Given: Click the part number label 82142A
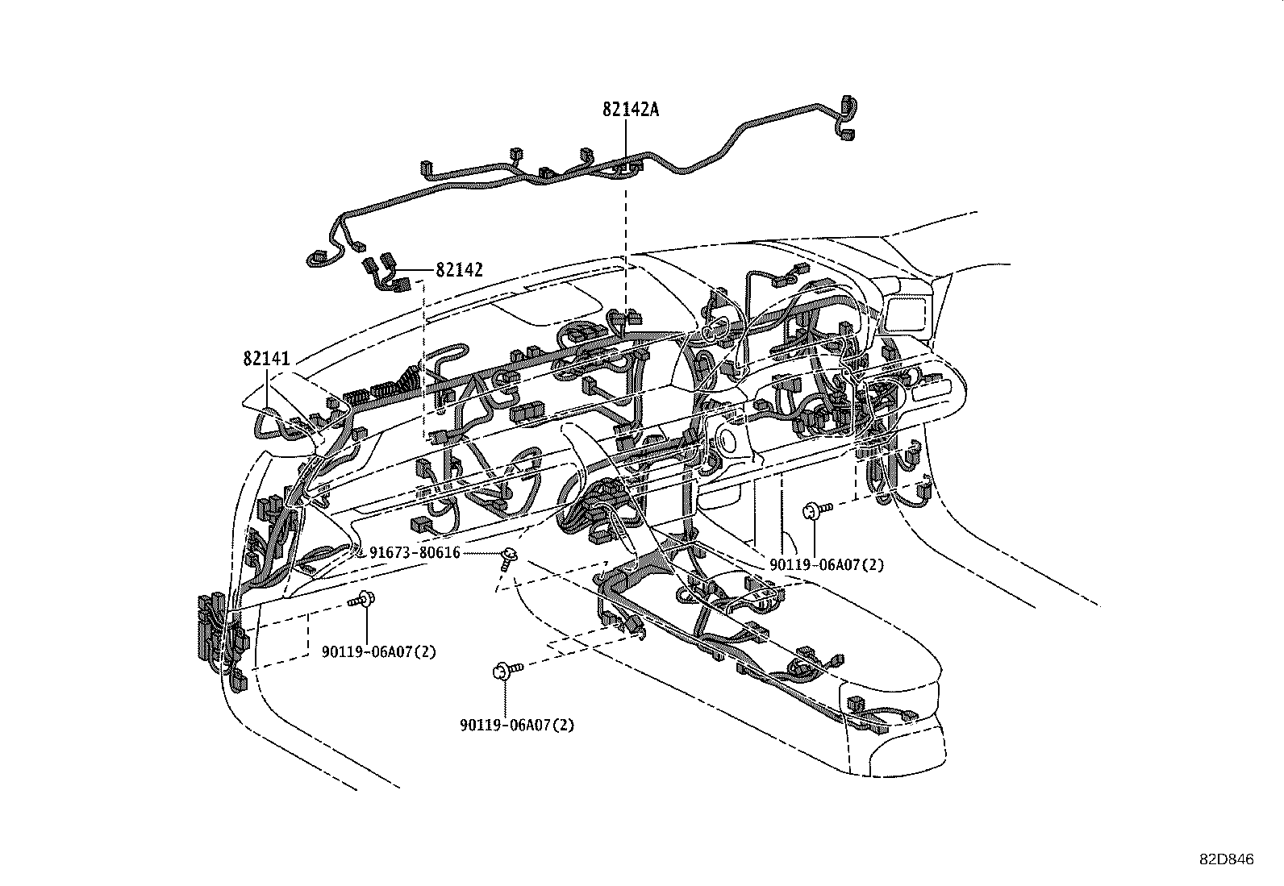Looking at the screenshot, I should [630, 110].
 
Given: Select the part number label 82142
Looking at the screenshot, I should [459, 270].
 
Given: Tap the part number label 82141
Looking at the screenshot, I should [266, 359].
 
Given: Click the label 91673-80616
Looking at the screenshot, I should [415, 552].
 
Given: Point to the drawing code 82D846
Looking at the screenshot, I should [1226, 860].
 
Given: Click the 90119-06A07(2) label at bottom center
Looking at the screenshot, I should [517, 725].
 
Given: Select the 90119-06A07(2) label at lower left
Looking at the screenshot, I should [378, 651].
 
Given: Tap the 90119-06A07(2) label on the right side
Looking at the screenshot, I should [827, 565].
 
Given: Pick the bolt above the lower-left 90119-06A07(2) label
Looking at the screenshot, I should [363, 600].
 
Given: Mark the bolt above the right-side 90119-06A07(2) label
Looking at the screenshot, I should [816, 509].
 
